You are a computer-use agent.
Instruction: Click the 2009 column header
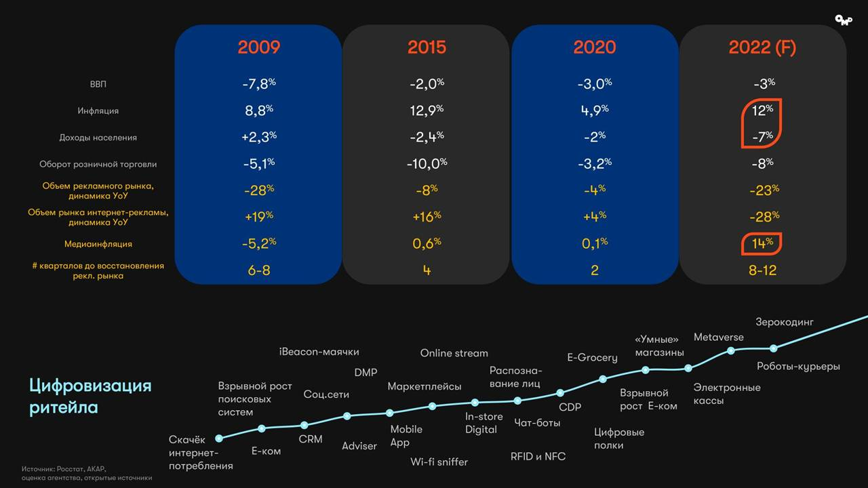(258, 47)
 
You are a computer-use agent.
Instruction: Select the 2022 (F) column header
(762, 47)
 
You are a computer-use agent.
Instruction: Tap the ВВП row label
(98, 85)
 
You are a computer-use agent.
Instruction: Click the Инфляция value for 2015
(427, 110)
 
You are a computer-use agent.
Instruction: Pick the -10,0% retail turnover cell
(427, 163)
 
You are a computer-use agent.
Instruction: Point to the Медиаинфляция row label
(98, 244)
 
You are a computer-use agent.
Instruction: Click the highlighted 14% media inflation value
(762, 243)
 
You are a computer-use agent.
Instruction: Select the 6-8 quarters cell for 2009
(258, 270)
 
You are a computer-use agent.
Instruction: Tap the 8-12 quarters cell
(762, 270)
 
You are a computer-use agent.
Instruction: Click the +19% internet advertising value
(258, 216)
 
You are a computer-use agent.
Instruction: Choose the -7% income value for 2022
(762, 137)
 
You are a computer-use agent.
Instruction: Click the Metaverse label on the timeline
(718, 337)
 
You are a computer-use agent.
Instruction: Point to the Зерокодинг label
(784, 322)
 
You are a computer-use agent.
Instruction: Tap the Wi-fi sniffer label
(439, 462)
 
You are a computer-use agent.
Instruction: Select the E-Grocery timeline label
(592, 357)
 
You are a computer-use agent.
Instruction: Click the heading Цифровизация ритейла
(90, 396)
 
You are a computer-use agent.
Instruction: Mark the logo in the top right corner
(843, 20)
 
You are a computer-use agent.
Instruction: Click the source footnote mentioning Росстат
(86, 473)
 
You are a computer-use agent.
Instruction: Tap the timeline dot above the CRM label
(304, 425)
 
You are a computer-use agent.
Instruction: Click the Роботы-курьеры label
(798, 367)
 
